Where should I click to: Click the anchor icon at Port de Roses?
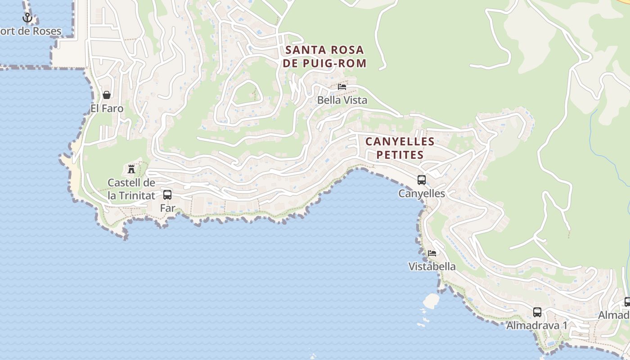pos(27,18)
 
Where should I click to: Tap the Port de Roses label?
pos(31,31)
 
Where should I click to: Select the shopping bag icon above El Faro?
pos(107,95)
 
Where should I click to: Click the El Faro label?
pos(107,108)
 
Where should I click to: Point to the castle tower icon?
pos(131,169)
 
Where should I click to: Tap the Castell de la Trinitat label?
pos(131,189)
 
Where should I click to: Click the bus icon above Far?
pos(167,195)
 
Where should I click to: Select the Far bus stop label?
pos(167,208)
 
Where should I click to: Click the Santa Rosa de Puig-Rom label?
pos(324,56)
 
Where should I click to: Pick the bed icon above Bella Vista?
pos(342,86)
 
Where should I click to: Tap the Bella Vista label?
pos(342,100)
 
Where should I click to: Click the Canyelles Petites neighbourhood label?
pos(400,148)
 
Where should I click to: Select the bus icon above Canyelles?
pos(422,180)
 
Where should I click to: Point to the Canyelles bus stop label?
pos(422,193)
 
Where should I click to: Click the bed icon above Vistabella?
pos(432,253)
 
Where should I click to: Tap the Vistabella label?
pos(432,266)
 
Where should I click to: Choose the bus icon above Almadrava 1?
pos(537,312)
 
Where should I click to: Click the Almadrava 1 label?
pos(537,325)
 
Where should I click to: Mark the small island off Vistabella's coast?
pos(431,301)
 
